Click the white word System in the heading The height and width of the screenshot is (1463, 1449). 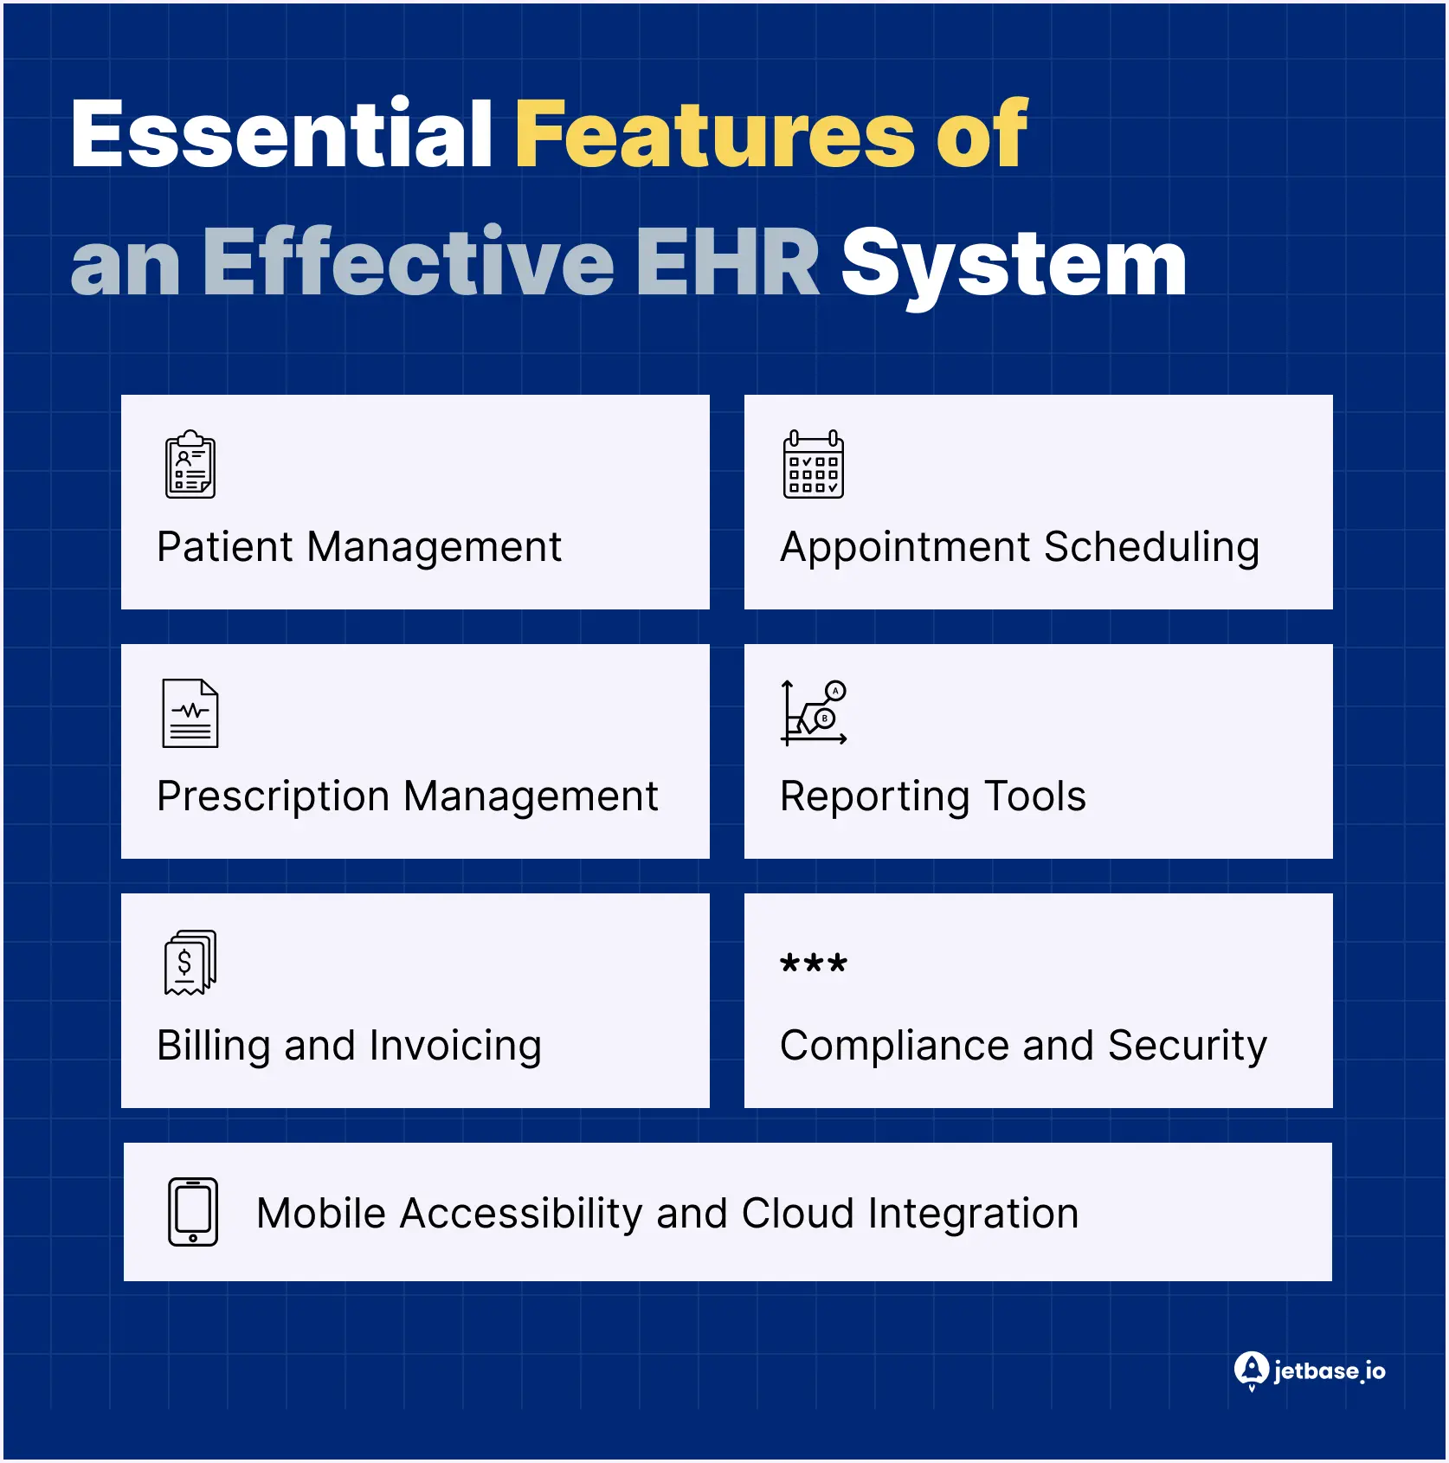1014,263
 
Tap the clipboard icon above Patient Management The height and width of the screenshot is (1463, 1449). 190,464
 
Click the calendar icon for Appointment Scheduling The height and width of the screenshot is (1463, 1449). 813,464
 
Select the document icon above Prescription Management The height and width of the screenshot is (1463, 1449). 190,713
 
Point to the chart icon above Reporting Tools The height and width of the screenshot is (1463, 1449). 814,713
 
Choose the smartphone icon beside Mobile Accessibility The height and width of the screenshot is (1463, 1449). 193,1212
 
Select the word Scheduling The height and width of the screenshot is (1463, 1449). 1151,547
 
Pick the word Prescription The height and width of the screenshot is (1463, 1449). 274,796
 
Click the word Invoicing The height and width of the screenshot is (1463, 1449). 455,1046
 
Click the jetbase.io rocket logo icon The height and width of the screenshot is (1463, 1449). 1251,1370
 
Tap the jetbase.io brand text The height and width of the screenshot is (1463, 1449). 1329,1371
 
